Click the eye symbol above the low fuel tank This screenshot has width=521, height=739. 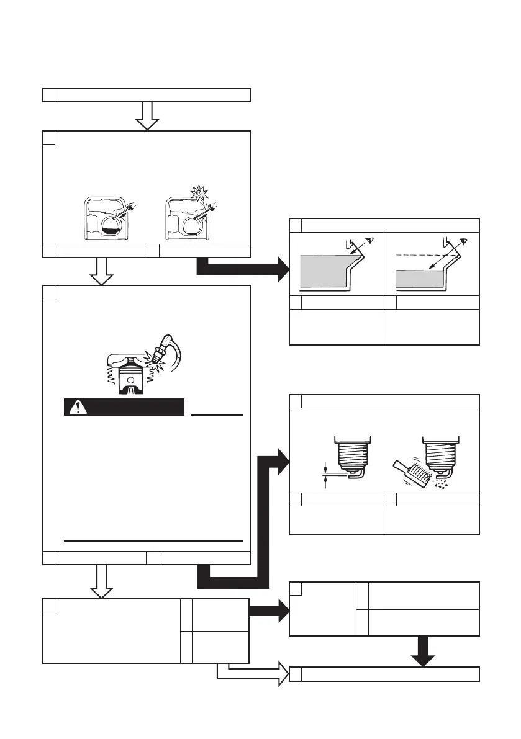point(463,240)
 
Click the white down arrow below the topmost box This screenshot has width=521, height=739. point(148,115)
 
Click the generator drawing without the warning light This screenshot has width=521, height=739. point(107,218)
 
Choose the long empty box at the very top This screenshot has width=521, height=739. point(147,95)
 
